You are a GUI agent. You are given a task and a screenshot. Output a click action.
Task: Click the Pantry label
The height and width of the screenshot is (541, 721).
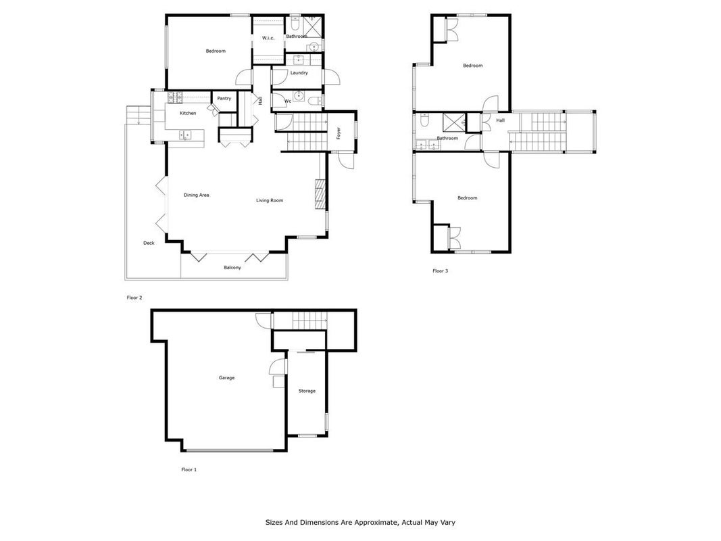coord(224,99)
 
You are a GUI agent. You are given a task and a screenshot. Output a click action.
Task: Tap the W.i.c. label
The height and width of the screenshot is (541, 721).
coord(268,38)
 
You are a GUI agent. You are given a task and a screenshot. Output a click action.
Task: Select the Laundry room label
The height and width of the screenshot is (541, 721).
coord(299,73)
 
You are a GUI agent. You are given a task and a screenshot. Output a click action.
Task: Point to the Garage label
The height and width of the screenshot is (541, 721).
coord(226,378)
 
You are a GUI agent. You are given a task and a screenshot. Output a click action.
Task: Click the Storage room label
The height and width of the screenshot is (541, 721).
coord(307,391)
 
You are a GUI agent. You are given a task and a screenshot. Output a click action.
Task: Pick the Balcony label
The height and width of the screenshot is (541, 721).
coord(232,268)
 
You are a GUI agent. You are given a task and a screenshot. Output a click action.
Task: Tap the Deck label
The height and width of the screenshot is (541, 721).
coord(149,243)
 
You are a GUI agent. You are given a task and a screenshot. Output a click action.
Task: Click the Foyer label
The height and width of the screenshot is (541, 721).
coord(339,133)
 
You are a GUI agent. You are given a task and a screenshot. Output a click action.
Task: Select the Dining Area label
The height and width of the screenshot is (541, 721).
coord(197,195)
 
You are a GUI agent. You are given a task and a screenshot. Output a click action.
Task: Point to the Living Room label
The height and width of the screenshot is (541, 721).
coord(270,201)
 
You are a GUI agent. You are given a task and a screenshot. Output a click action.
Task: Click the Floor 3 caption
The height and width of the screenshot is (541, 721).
coord(440,271)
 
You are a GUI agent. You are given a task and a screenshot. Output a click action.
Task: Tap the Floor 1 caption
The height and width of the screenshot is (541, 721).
coord(189,470)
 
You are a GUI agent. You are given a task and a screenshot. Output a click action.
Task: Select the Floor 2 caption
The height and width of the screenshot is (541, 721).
coord(134,298)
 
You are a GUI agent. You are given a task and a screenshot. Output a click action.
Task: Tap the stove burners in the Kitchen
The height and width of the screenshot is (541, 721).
coord(175,97)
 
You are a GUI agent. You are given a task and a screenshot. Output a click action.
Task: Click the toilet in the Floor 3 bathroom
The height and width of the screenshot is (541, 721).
coord(424,120)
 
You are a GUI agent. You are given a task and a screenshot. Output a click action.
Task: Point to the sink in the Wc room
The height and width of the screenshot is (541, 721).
coord(299,96)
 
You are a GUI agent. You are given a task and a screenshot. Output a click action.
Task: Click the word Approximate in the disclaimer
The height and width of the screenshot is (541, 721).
coord(376,523)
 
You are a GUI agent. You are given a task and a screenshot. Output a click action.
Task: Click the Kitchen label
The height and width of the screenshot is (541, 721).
coord(188,113)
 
